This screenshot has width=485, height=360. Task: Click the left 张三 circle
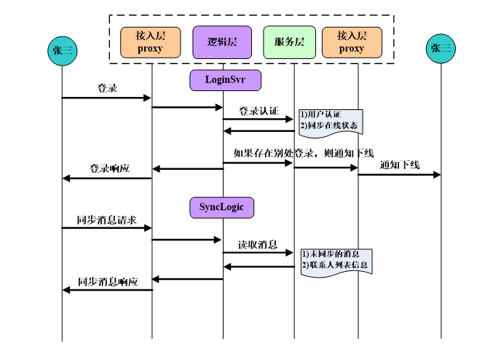(62, 50)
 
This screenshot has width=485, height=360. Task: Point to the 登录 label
(108, 88)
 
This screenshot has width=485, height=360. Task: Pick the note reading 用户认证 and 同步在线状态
(330, 121)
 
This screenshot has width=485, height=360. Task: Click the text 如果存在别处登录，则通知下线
(303, 153)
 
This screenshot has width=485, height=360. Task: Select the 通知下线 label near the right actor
(400, 165)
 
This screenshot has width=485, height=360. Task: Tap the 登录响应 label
(109, 168)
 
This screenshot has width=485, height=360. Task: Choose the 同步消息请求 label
(106, 219)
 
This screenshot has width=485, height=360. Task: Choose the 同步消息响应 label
(108, 280)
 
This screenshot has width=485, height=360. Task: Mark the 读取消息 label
(257, 245)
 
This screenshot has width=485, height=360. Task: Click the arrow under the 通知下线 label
(400, 175)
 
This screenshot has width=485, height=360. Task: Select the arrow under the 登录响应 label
(107, 179)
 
